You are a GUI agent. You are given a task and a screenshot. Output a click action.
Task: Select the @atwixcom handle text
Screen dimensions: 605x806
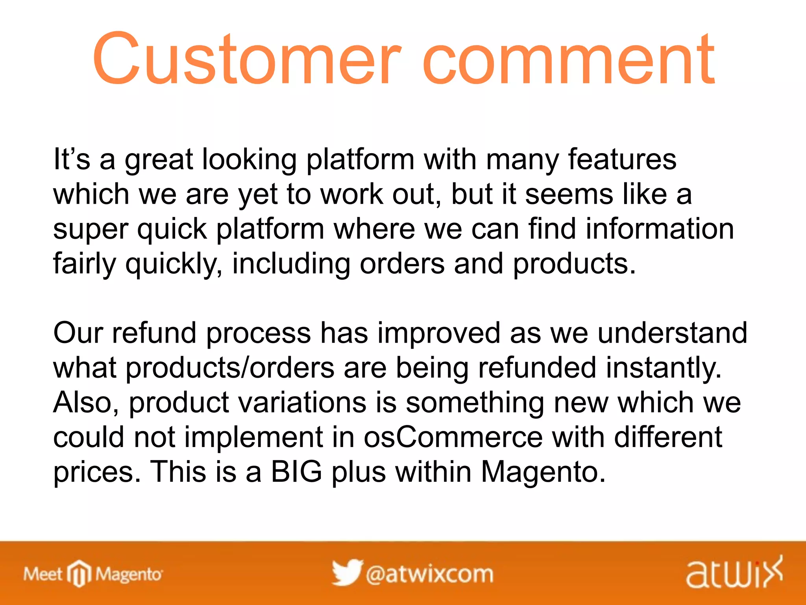click(x=429, y=574)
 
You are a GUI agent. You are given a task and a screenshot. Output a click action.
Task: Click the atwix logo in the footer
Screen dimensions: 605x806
click(x=734, y=573)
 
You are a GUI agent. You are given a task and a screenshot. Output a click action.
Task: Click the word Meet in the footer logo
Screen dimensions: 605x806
click(x=43, y=574)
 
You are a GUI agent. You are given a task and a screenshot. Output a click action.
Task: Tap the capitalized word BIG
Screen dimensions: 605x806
click(x=296, y=471)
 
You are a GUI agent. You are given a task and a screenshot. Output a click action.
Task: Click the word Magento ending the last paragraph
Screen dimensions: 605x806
click(x=543, y=472)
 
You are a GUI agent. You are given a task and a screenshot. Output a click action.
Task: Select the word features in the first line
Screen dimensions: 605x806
click(x=622, y=160)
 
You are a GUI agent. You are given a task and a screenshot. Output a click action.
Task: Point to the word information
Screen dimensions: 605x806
click(x=660, y=229)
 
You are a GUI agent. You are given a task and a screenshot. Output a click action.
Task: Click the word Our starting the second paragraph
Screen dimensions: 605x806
click(x=78, y=333)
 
